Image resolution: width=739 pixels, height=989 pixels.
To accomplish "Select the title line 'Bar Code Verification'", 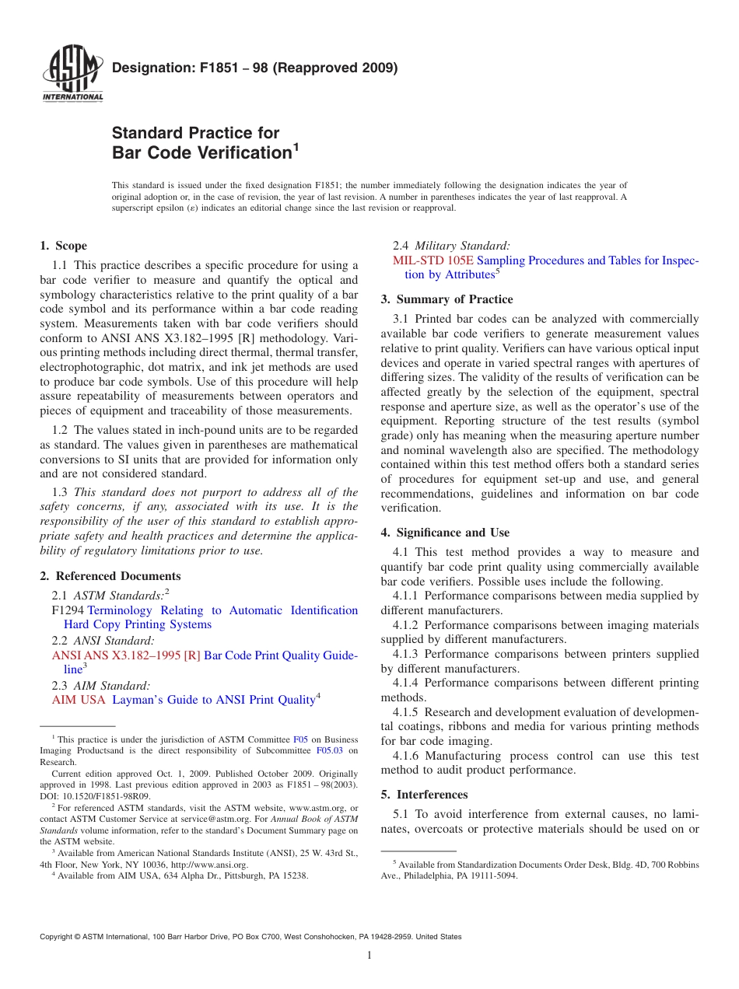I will (201, 152).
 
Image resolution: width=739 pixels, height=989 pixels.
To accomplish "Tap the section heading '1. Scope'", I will (63, 246).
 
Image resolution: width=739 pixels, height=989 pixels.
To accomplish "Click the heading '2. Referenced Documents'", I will (110, 576).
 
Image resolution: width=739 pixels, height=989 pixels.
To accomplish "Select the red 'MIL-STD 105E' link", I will (433, 260).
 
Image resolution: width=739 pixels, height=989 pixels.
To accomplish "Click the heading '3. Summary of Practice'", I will (447, 299).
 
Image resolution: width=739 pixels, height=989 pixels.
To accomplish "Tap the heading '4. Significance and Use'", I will (445, 533).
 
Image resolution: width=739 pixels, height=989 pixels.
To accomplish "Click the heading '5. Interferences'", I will (424, 795).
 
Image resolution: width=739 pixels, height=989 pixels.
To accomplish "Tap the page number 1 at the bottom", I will (369, 956).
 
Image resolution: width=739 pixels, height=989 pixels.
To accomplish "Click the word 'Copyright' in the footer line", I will (57, 937).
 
